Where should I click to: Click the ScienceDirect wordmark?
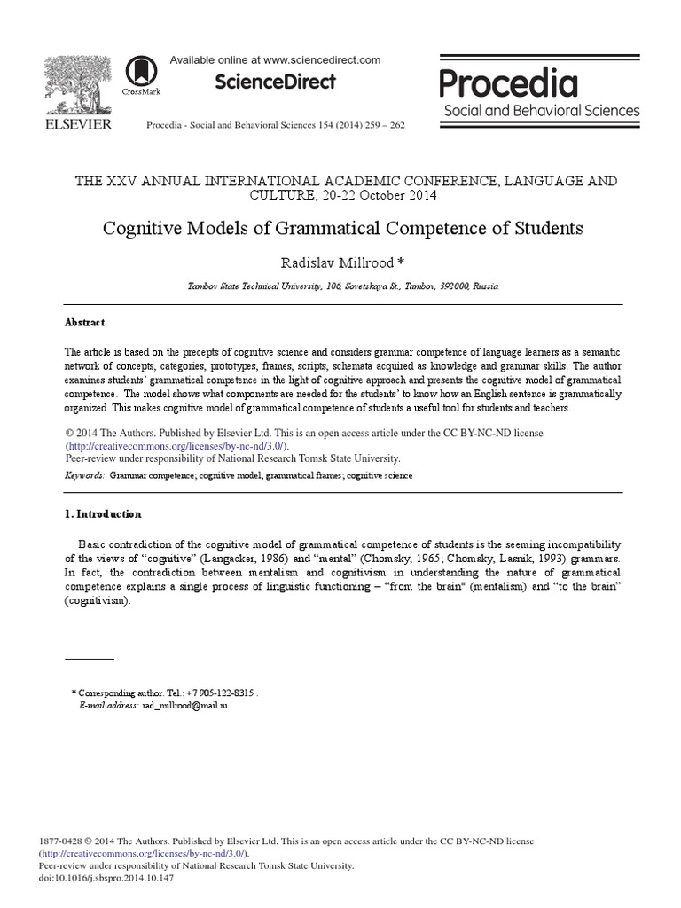[275, 82]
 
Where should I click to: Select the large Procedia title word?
[509, 83]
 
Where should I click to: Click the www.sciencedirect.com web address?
[322, 60]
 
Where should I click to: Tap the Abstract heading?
[84, 323]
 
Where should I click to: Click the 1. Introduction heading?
[103, 514]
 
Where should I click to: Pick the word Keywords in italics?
[85, 476]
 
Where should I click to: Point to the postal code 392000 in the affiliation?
[453, 287]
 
